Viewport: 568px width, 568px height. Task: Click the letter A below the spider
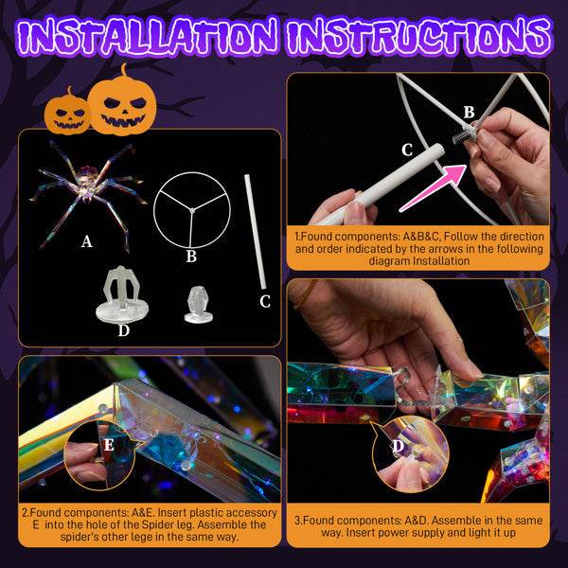tap(87, 242)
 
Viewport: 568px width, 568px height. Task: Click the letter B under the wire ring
tap(191, 255)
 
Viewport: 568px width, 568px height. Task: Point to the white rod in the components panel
tap(255, 231)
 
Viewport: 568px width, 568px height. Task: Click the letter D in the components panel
tap(123, 330)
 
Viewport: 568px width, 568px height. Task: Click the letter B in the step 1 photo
tap(469, 113)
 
